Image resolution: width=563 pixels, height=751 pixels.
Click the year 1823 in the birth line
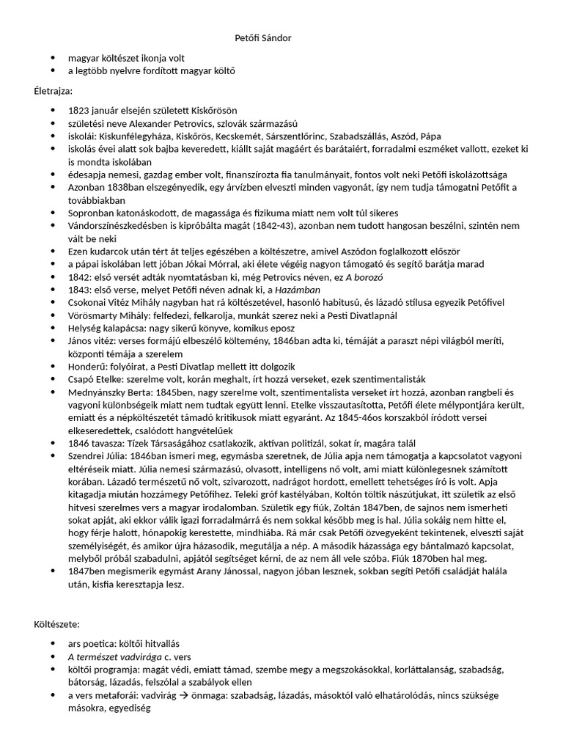point(79,110)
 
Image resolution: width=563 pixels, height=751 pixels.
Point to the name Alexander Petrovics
point(160,123)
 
